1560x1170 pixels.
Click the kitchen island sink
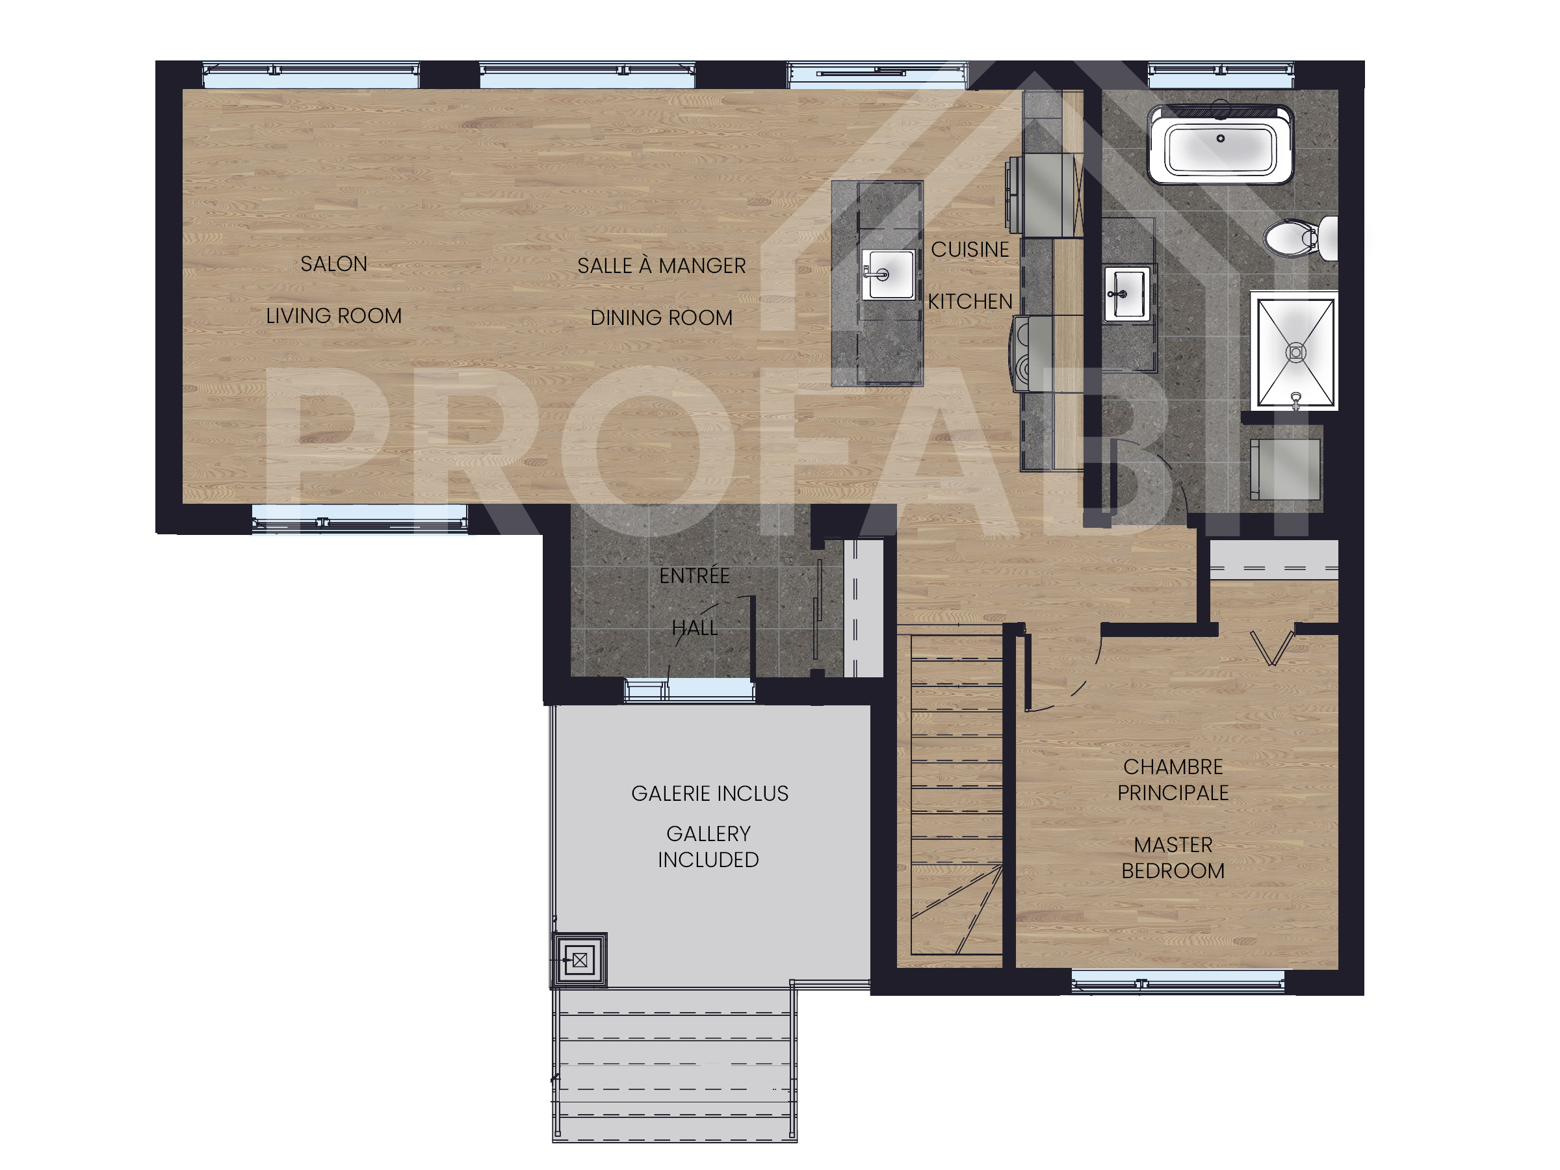[x=888, y=274]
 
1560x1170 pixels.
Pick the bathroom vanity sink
[x=1126, y=293]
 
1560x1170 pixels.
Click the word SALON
[x=333, y=264]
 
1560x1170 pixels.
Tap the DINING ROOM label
[x=661, y=318]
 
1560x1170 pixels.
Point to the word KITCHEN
[x=970, y=302]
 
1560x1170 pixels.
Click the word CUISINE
[x=970, y=250]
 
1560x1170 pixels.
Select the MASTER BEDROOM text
[x=1173, y=857]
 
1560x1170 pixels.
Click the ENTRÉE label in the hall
[x=694, y=576]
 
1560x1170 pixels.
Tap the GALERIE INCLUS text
[x=710, y=794]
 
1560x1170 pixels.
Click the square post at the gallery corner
[x=579, y=960]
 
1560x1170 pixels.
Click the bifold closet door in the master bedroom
[x=1271, y=647]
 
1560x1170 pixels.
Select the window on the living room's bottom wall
[x=359, y=521]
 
